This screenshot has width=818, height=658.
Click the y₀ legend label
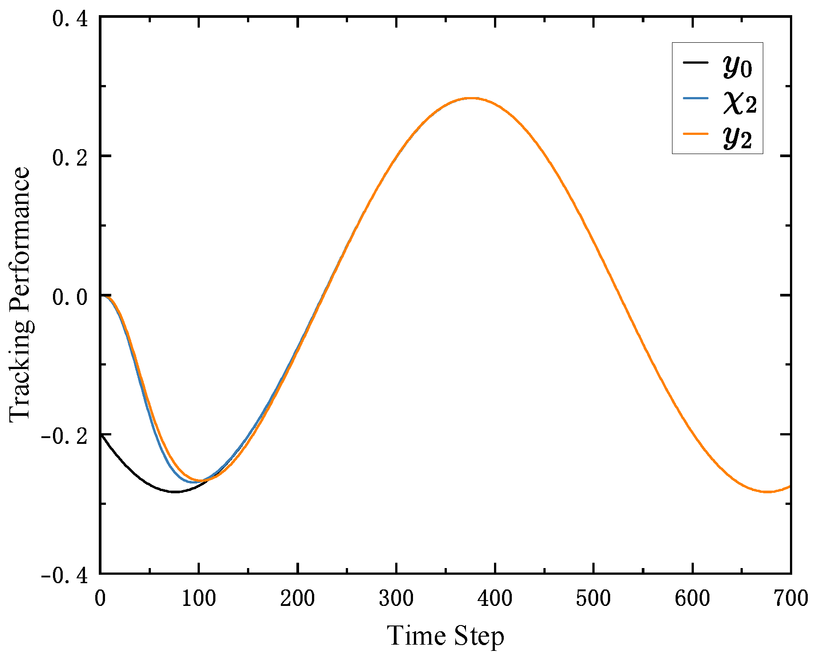tap(738, 68)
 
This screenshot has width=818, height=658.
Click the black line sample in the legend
tap(695, 62)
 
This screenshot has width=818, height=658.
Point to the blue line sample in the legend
tap(695, 97)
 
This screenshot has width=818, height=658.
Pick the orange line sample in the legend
tap(695, 133)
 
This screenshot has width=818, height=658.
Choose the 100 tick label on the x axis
tap(198, 598)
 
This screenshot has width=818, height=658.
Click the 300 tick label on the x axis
tap(396, 598)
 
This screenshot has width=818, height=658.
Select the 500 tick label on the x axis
tap(593, 598)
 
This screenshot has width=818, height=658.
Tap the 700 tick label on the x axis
tap(790, 598)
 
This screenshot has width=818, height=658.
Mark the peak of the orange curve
tap(471, 98)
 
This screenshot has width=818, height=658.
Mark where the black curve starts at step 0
tap(101, 434)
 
